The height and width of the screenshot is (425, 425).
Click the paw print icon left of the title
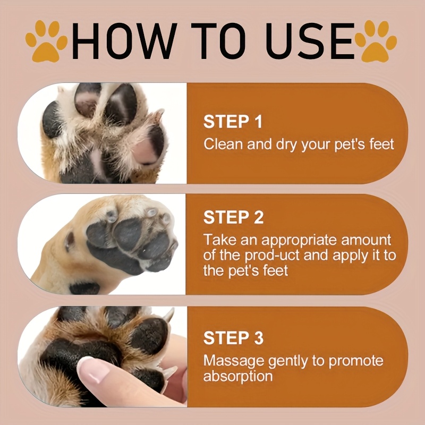[x=46, y=41]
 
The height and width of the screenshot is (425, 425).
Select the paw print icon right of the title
[x=376, y=41]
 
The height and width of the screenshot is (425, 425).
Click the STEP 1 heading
[x=233, y=122]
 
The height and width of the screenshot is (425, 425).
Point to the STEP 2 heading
[x=233, y=217]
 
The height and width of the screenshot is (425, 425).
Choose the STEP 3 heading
[x=233, y=338]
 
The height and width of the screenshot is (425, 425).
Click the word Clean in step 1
[x=223, y=143]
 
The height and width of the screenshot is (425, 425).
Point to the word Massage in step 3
[x=234, y=361]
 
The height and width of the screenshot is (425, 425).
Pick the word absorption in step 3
[x=238, y=376]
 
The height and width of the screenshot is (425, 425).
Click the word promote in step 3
[x=356, y=361]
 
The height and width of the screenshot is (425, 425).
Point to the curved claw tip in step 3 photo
[x=169, y=314]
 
